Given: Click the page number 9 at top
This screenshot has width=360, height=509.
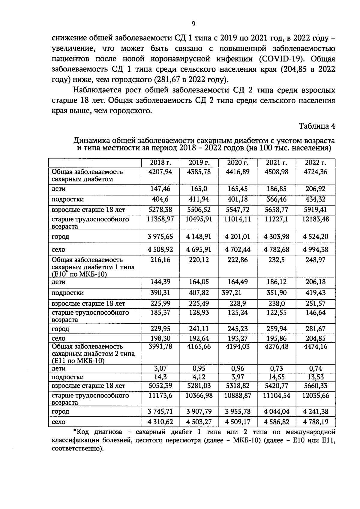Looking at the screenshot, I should pos(193,24).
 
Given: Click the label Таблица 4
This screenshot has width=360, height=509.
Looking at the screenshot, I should pos(317,126).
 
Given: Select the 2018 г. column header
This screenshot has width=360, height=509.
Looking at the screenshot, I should pos(160,163).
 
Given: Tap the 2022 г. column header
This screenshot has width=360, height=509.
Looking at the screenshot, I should pos(315,163).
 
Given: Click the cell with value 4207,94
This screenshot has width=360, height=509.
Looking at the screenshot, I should pos(160,172).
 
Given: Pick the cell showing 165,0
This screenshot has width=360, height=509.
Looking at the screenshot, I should pos(199,189).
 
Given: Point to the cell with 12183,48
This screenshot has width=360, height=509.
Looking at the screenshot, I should pos(315,219).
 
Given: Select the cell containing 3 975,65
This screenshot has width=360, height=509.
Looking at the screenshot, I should pos(160,237).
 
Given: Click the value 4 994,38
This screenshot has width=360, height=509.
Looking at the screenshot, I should pos(315,250).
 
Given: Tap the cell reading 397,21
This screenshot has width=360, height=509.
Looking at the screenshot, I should pos(231,293).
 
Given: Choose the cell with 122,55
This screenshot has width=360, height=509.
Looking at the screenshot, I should pos(276,313).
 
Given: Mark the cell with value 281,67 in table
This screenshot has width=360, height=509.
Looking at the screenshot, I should pos(315,329).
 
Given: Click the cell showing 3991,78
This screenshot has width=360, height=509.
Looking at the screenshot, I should pos(160,347).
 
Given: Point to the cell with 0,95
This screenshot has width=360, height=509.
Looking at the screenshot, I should pos(199,369).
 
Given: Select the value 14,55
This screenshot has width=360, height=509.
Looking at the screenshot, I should pos(276,377).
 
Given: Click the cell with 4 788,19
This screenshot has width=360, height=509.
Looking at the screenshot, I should pos(315,422).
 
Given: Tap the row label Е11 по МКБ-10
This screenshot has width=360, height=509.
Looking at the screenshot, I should pos(78,361).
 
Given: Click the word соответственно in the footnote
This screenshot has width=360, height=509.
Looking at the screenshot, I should pos(77,449).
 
